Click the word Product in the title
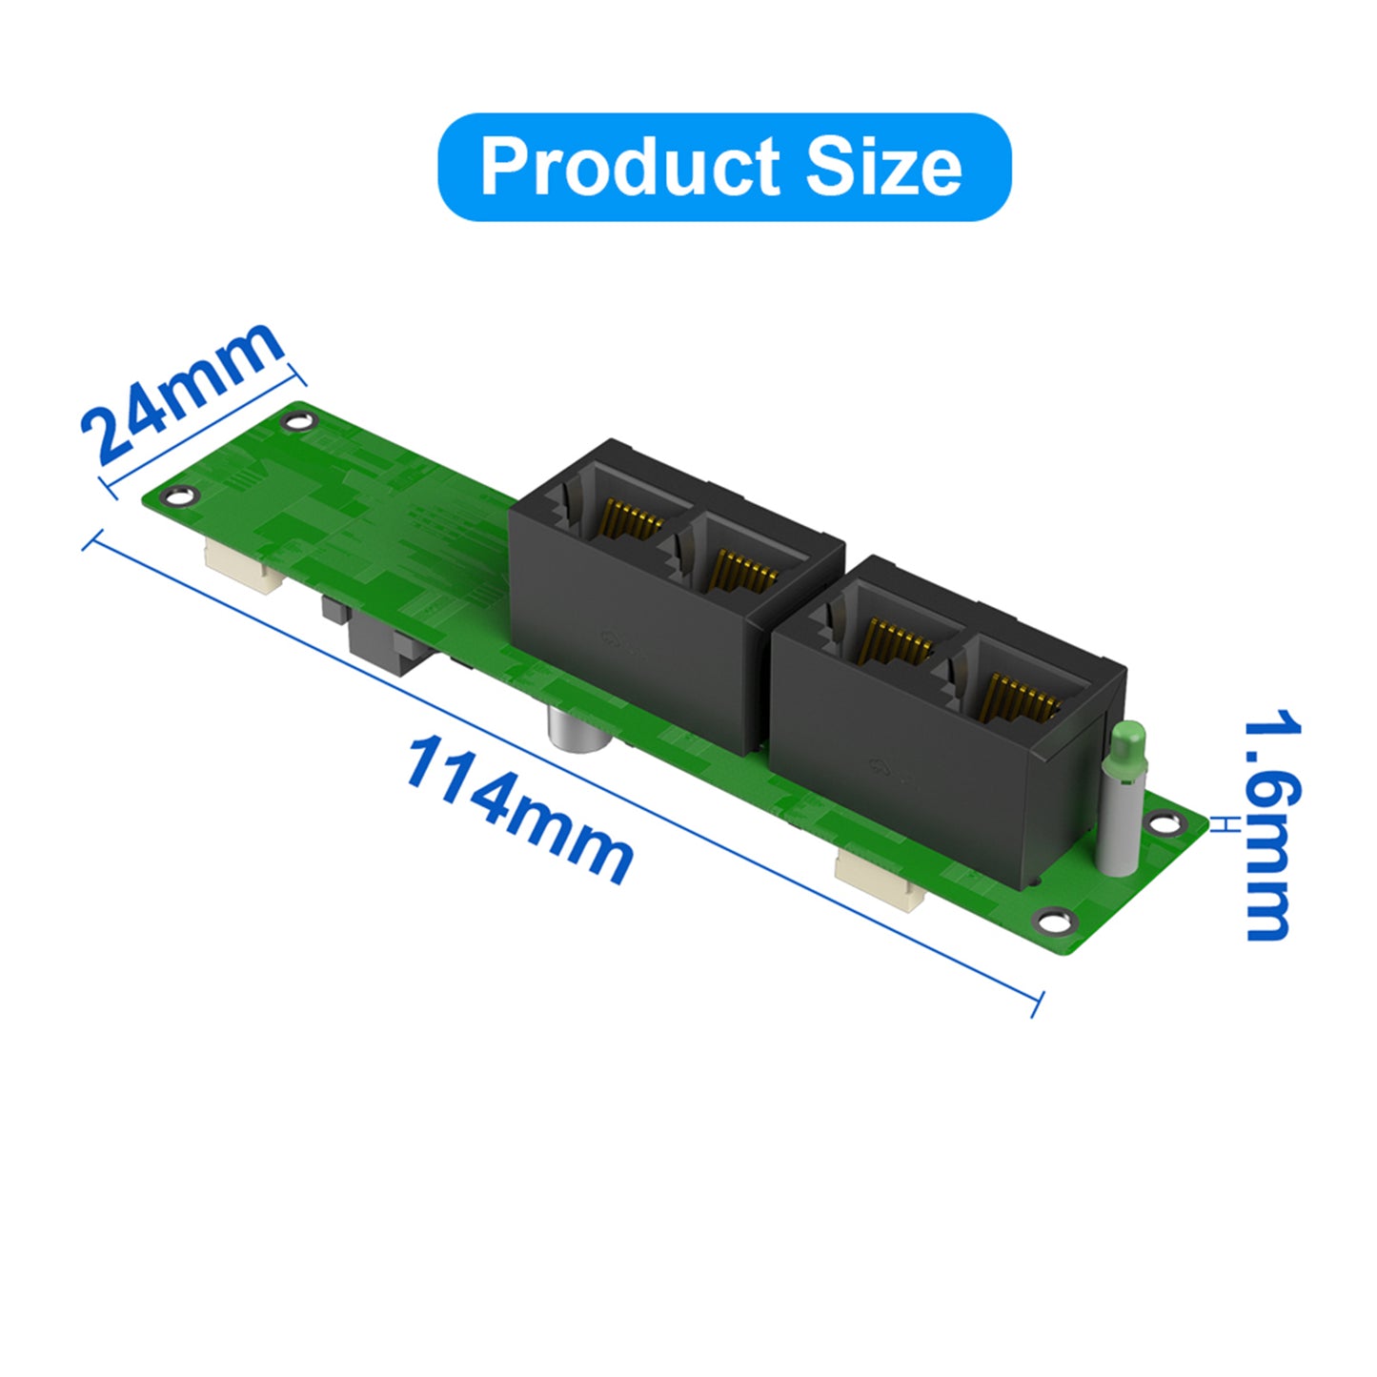pyautogui.click(x=629, y=167)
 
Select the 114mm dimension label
pyautogui.click(x=519, y=810)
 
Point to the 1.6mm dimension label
pyautogui.click(x=1272, y=824)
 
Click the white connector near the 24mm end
pyautogui.click(x=243, y=570)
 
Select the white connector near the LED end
pyautogui.click(x=878, y=877)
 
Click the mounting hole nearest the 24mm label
pyautogui.click(x=298, y=420)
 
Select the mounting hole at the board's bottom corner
pyautogui.click(x=1054, y=920)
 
